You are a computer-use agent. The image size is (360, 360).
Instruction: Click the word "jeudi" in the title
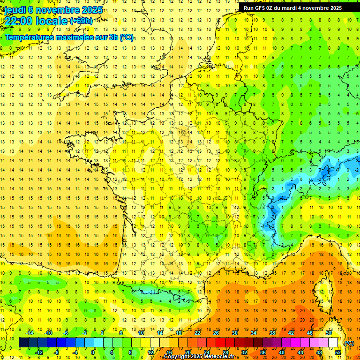pyautogui.click(x=15, y=9)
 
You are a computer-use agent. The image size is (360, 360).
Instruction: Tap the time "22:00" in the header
pyautogui.click(x=22, y=21)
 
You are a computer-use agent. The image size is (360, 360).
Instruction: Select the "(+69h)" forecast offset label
pyautogui.click(x=81, y=21)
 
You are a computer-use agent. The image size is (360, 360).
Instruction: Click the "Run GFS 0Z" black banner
pyautogui.click(x=293, y=8)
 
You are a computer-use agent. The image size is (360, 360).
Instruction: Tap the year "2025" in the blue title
pyautogui.click(x=92, y=9)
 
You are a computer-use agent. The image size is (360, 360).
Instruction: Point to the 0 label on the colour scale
pyautogui.click(x=93, y=352)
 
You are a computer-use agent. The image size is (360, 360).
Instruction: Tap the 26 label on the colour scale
pyautogui.click(x=216, y=333)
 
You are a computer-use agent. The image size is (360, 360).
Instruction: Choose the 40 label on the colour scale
pyautogui.click(x=281, y=352)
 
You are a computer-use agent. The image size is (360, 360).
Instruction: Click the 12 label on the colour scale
pyautogui.click(x=150, y=352)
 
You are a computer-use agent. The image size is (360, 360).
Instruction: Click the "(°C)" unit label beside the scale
pyautogui.click(x=349, y=343)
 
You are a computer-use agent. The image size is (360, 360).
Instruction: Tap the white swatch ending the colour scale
pyautogui.click(x=333, y=343)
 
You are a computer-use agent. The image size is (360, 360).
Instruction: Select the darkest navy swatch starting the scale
pyautogui.click(x=23, y=343)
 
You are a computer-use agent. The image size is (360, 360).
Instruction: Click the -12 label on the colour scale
pyautogui.click(x=39, y=352)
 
